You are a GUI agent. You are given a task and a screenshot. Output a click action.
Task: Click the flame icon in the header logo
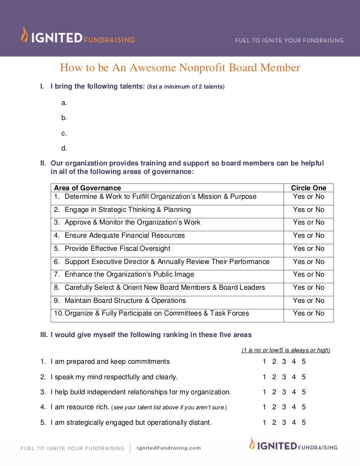coord(24,35)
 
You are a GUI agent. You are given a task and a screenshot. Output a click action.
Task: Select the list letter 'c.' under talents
coord(64,133)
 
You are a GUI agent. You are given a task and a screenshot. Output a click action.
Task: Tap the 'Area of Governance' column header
coord(87,188)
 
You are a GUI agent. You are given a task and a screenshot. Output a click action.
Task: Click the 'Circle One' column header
coord(308,188)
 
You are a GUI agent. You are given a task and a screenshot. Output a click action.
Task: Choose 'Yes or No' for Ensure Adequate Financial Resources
coord(308,235)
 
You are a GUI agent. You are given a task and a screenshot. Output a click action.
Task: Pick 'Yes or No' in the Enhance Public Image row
coord(308,274)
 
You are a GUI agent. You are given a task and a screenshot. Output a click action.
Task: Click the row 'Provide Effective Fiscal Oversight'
coord(117,248)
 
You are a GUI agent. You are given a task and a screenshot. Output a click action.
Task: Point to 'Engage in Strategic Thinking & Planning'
coord(127,210)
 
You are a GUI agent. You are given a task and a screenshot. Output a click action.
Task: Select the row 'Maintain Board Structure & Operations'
coord(125,301)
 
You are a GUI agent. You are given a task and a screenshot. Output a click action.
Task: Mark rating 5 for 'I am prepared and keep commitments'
coord(304,361)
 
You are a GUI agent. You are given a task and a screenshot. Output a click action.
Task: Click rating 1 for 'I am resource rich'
coord(264,407)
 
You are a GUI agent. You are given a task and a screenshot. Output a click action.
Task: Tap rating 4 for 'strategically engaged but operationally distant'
coord(294,422)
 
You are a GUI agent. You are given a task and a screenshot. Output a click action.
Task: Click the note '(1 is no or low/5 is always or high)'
coord(286,350)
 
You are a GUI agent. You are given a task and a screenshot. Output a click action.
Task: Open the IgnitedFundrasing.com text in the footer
coord(168,448)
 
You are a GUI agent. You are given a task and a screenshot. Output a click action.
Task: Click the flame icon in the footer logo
coord(252,444)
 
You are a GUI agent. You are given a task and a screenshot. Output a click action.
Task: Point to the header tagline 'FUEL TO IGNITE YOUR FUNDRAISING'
coord(289,40)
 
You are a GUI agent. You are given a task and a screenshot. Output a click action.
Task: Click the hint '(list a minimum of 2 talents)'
coord(186,87)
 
